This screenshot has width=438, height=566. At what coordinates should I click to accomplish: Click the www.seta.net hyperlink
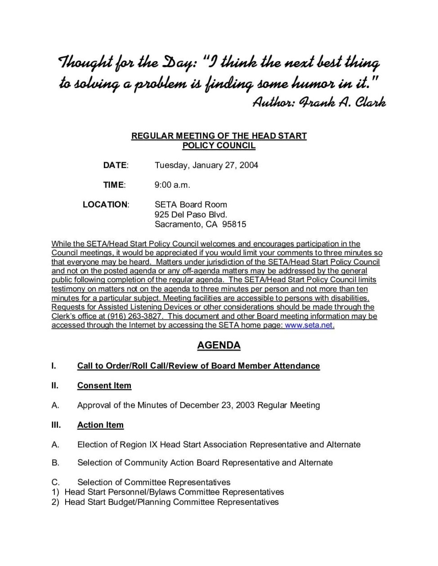pyautogui.click(x=309, y=325)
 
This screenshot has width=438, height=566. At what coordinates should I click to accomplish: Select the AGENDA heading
pyautogui.click(x=219, y=345)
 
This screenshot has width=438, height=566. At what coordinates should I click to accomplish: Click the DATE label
pyautogui.click(x=116, y=165)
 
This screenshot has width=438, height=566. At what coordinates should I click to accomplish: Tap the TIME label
pyautogui.click(x=114, y=185)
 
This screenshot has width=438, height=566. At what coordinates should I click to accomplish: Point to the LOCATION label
pyautogui.click(x=106, y=205)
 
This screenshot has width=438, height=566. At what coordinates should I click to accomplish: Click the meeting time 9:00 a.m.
pyautogui.click(x=173, y=185)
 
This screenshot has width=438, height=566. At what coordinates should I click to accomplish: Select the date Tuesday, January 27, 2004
pyautogui.click(x=206, y=165)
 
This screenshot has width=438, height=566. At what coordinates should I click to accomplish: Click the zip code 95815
pyautogui.click(x=234, y=224)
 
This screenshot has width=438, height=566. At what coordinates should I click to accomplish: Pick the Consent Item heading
pyautogui.click(x=104, y=386)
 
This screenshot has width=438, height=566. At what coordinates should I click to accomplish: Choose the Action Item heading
pyautogui.click(x=100, y=425)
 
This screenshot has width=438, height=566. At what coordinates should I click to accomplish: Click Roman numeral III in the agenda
pyautogui.click(x=56, y=425)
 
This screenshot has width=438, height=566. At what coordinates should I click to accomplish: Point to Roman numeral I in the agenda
pyautogui.click(x=54, y=366)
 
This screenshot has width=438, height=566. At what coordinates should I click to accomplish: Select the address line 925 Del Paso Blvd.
pyautogui.click(x=191, y=215)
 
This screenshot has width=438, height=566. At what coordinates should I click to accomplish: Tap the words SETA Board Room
pyautogui.click(x=191, y=205)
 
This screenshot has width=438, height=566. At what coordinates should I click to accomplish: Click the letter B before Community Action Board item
pyautogui.click(x=55, y=463)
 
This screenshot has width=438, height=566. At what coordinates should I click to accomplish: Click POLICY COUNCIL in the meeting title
pyautogui.click(x=219, y=146)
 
